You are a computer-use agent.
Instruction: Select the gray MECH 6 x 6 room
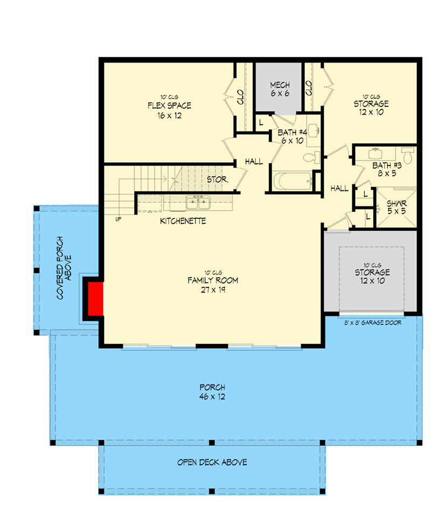click(x=280, y=89)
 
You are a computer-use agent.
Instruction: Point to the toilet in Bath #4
click(x=311, y=158)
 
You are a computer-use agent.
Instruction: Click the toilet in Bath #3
click(x=408, y=157)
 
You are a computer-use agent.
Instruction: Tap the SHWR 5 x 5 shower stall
click(x=397, y=208)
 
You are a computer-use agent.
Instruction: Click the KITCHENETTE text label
click(x=183, y=221)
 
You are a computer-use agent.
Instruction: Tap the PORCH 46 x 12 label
click(x=212, y=392)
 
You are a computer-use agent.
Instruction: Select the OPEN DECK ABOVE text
click(x=212, y=462)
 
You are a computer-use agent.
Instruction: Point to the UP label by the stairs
click(x=117, y=219)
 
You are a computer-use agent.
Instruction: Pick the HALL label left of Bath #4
click(x=254, y=162)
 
